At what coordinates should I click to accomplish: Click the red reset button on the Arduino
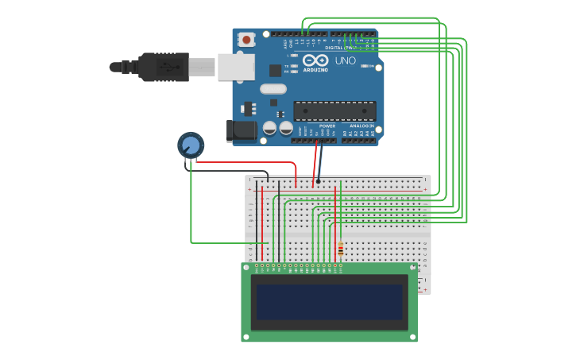click(x=246, y=39)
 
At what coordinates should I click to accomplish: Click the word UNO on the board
click(x=346, y=60)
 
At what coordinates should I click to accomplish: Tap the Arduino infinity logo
click(x=315, y=60)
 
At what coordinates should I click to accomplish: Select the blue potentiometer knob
click(x=191, y=145)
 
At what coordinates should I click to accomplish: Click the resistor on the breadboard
click(x=341, y=250)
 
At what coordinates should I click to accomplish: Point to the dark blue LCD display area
click(x=329, y=302)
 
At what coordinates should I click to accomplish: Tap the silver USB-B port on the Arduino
click(x=236, y=67)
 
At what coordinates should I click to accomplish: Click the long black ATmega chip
click(x=334, y=110)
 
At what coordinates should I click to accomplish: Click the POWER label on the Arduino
click(x=327, y=126)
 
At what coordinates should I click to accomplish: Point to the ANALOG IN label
click(x=361, y=126)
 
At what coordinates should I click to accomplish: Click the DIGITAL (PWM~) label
click(x=340, y=48)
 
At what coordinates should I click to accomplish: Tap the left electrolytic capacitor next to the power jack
click(x=270, y=127)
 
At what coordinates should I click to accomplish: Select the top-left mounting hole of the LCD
click(x=246, y=268)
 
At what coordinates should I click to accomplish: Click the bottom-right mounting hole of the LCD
click(x=413, y=337)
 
